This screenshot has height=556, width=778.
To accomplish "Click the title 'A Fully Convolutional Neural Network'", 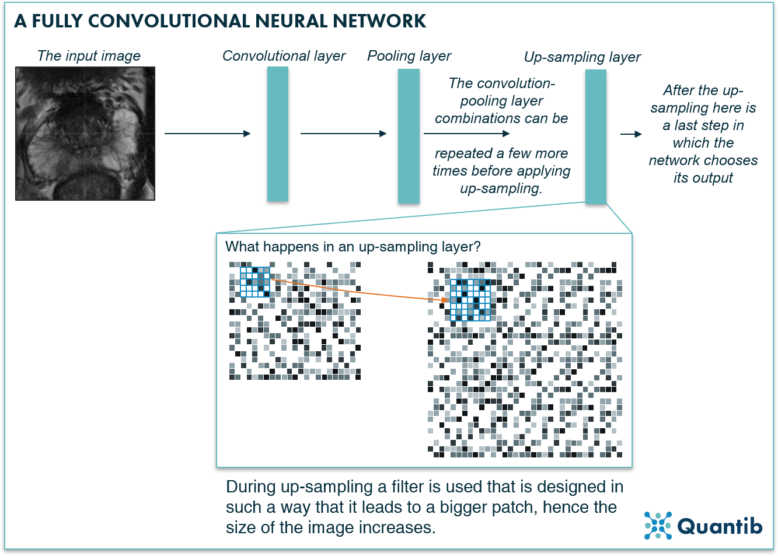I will tap(220, 22).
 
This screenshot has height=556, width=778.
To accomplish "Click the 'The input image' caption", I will tap(89, 55).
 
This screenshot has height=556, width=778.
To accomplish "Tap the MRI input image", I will tap(85, 134).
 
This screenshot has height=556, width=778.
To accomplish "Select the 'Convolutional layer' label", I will tap(284, 56).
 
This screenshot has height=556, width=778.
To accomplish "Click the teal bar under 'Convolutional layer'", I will tap(278, 134).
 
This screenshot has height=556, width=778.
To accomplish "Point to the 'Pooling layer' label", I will tap(409, 56).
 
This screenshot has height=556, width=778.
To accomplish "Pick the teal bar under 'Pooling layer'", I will tap(409, 136).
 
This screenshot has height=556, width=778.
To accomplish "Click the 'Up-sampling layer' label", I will tap(582, 57).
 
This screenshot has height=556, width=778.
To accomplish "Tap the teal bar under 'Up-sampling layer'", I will tap(595, 136).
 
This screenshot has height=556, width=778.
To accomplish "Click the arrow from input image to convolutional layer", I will tap(207, 134).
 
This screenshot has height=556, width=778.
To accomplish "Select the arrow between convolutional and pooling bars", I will tap(343, 134).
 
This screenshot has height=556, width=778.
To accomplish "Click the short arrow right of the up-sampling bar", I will tap(631, 134).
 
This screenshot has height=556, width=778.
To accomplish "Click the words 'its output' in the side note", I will tap(703, 178).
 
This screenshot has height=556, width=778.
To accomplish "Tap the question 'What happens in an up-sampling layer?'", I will tap(353, 247).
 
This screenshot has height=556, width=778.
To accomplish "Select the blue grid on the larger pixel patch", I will tap(470, 300).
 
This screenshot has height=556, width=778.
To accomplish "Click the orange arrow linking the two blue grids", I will tap(359, 290).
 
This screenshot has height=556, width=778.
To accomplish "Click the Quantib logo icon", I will tap(658, 525).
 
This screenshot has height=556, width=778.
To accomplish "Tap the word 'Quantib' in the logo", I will tap(720, 526).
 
